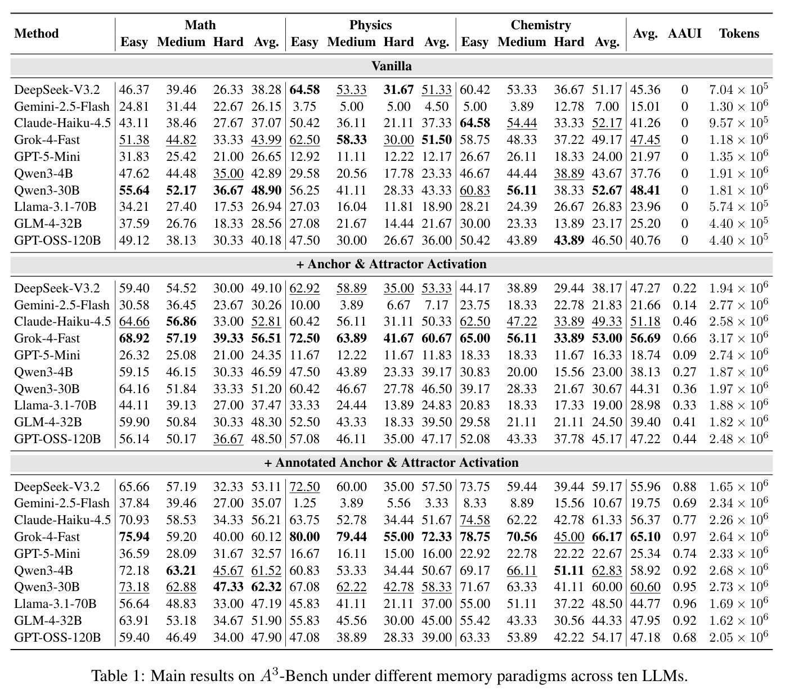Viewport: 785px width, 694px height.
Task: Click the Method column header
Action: point(37,33)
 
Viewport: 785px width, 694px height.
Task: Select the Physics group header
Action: point(370,25)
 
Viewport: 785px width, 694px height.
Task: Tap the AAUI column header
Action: point(685,33)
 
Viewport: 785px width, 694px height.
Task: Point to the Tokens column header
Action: point(739,33)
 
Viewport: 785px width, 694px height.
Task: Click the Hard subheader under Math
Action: point(228,42)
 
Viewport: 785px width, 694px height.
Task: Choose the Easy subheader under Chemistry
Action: point(474,42)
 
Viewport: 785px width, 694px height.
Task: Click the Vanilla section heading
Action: point(392,66)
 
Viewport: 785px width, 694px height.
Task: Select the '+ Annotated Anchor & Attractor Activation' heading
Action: point(391,462)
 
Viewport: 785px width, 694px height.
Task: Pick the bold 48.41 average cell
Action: point(645,190)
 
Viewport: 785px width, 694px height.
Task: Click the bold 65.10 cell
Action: point(645,537)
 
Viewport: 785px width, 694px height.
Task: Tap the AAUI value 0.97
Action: point(685,537)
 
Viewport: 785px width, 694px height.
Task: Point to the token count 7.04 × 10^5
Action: point(739,89)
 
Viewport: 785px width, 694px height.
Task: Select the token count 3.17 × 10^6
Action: point(739,338)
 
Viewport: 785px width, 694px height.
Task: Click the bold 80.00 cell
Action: point(304,537)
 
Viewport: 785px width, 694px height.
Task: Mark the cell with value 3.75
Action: point(304,106)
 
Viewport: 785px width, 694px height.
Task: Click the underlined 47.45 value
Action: point(645,140)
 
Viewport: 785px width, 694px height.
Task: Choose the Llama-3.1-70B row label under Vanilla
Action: point(55,207)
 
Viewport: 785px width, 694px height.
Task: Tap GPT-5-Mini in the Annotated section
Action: point(47,553)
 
